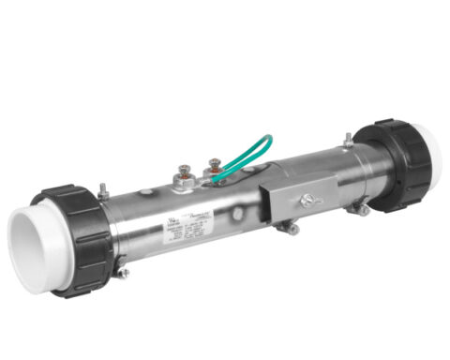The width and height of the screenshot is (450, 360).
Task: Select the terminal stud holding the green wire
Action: [214, 168]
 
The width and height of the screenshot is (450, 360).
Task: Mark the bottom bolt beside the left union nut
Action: [122, 273]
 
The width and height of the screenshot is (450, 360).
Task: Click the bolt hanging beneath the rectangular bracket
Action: [292, 228]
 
